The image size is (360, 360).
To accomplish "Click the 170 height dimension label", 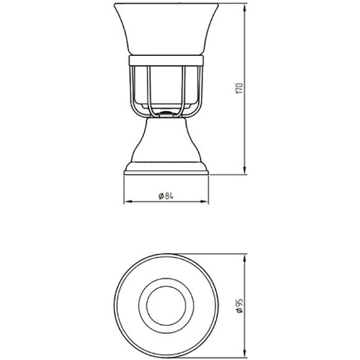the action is pos(239,88).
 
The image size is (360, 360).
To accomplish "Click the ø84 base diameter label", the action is pos(166,196).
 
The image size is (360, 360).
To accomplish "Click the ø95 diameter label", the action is pos(239,306).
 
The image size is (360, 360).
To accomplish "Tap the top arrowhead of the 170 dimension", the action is pos(245,8).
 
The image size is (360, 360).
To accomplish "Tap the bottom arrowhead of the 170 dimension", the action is pos(245,170).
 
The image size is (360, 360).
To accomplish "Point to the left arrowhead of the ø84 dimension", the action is pos(128,202).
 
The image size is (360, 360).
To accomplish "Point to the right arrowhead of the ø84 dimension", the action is pos(204,202).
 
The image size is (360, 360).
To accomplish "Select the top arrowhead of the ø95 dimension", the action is pos(245,259).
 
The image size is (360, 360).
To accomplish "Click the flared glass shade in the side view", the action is pos(166,29).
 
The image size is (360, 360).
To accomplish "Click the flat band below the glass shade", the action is pos(166,60).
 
